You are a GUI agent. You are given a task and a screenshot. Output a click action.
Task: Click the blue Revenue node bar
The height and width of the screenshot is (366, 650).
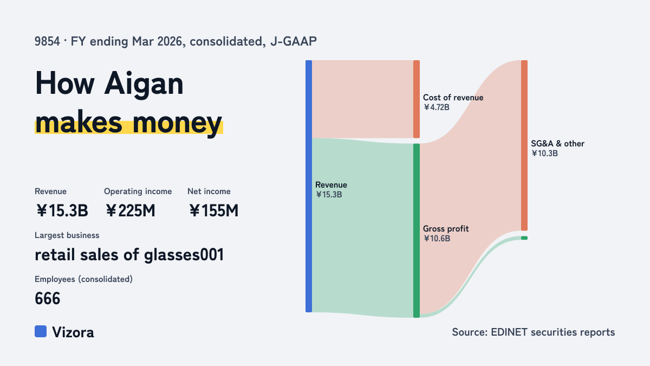[309, 186]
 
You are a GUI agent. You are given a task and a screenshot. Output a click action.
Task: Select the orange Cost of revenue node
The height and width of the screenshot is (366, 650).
[417, 99]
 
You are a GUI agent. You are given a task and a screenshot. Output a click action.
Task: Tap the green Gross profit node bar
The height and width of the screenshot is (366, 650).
[417, 230]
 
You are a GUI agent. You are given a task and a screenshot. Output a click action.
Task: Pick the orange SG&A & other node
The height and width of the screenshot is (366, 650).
[524, 145]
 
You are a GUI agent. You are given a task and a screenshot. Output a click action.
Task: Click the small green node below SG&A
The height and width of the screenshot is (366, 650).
[524, 238]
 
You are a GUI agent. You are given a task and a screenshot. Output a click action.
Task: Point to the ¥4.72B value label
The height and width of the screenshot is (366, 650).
[436, 107]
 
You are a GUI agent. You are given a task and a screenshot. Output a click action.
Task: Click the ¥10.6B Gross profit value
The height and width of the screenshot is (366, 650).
[437, 239]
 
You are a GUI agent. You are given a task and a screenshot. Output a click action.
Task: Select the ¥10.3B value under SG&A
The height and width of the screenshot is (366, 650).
[544, 153]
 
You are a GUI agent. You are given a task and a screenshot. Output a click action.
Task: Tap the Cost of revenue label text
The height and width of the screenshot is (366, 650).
[453, 97]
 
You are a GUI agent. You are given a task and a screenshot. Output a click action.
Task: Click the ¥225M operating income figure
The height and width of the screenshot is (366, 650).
[131, 210]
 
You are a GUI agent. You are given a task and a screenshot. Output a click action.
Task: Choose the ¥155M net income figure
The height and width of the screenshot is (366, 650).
[213, 210]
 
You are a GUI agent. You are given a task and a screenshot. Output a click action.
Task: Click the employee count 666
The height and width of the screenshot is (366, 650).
[47, 298]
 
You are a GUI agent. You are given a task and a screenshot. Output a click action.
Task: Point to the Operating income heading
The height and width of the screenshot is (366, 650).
[138, 191]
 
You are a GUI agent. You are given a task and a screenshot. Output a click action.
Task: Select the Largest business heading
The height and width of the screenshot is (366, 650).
[67, 235]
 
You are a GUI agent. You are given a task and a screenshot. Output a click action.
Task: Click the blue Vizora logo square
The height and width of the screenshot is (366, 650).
[41, 331]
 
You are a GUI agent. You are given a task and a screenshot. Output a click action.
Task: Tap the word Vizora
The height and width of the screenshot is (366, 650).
[73, 332]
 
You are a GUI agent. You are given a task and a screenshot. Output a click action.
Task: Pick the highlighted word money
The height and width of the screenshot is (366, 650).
[177, 123]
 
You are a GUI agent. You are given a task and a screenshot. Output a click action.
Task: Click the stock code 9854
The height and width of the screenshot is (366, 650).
[47, 41]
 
